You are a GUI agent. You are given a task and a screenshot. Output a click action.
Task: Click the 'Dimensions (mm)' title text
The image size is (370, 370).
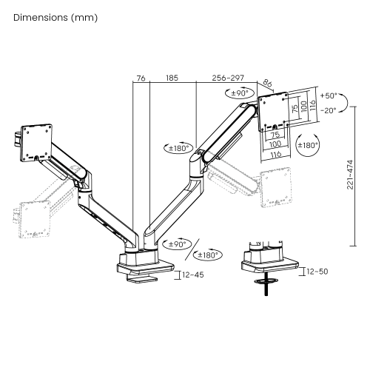(x=55, y=18)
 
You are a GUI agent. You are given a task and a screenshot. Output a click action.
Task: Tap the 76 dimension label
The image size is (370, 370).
(x=141, y=78)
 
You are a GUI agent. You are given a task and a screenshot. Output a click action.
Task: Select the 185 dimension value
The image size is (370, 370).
(x=172, y=78)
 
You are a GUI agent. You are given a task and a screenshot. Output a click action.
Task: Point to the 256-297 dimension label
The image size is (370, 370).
(x=228, y=78)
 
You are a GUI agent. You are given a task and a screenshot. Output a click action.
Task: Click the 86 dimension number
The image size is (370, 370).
(x=267, y=83)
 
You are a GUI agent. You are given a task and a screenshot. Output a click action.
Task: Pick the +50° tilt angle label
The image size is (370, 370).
(x=329, y=95)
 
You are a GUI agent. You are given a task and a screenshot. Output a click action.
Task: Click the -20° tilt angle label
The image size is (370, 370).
(x=329, y=110)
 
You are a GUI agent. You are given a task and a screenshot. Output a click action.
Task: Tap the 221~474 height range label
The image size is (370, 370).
(x=350, y=175)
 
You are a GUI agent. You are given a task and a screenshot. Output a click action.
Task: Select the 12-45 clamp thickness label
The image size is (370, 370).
(x=193, y=275)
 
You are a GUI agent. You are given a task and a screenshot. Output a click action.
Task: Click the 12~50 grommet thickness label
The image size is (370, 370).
(x=317, y=272)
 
